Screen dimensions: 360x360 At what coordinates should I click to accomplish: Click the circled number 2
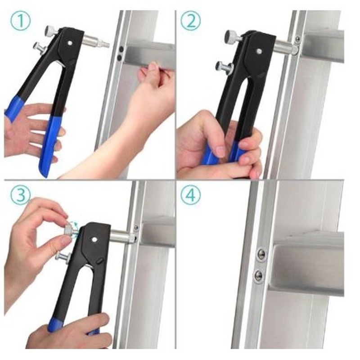tap(190, 20)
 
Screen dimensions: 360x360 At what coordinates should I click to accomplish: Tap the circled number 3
tap(20, 195)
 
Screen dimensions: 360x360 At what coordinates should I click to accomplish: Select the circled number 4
tap(190, 195)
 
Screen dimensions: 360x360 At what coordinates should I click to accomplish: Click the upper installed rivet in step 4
tap(261, 254)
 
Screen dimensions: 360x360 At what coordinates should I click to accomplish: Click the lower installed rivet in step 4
tap(259, 274)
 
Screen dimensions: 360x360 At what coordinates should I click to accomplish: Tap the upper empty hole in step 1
tap(121, 49)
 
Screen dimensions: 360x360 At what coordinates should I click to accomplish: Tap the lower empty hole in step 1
tap(120, 58)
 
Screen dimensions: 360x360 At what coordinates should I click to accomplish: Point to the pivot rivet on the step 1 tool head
tap(70, 43)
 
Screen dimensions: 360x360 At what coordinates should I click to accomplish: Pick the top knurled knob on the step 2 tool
tap(232, 36)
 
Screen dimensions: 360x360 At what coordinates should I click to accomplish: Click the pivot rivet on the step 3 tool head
tap(94, 240)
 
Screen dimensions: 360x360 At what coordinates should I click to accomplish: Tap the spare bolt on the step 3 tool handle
tap(62, 256)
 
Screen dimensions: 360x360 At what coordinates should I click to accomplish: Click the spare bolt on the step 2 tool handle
tap(224, 67)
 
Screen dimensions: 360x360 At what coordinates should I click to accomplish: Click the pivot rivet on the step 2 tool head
tap(259, 51)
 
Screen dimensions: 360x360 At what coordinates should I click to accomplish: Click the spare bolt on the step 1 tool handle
tap(40, 49)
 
